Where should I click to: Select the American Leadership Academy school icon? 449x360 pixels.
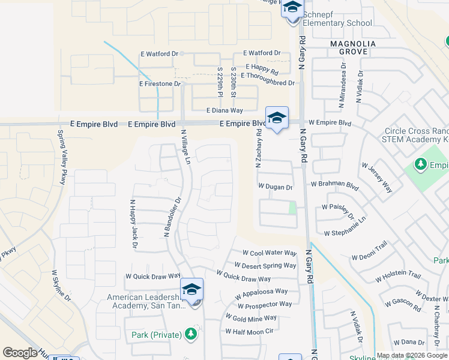pos(191,290)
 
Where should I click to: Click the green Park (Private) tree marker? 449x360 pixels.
pos(191,334)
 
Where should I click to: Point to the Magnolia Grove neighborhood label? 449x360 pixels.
pos(353,48)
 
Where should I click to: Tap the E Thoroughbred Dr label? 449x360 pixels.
pos(268,83)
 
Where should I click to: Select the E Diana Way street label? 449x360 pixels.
pos(224,110)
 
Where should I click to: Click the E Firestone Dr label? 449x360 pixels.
pos(160,84)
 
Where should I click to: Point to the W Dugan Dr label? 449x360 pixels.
pos(276,187)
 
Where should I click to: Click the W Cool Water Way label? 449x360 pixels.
pos(270,253)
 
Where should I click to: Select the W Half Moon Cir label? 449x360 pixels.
pos(249,331)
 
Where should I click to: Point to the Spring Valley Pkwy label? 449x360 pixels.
pos(61,157)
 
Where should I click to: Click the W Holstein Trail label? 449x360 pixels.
pos(398,275)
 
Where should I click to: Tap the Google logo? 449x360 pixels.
pos(20,353)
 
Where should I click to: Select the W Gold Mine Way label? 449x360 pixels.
pos(252,317)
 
